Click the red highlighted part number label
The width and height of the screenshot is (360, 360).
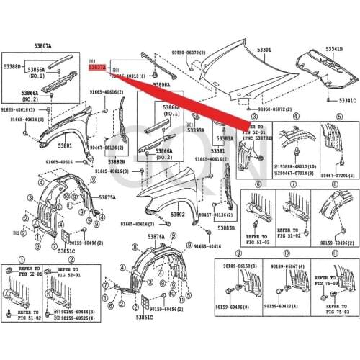[96, 67]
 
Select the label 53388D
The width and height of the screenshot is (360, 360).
[12, 67]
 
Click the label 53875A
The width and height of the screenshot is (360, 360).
[107, 197]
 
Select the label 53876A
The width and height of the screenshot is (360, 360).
[156, 237]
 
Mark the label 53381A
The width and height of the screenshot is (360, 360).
[225, 138]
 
